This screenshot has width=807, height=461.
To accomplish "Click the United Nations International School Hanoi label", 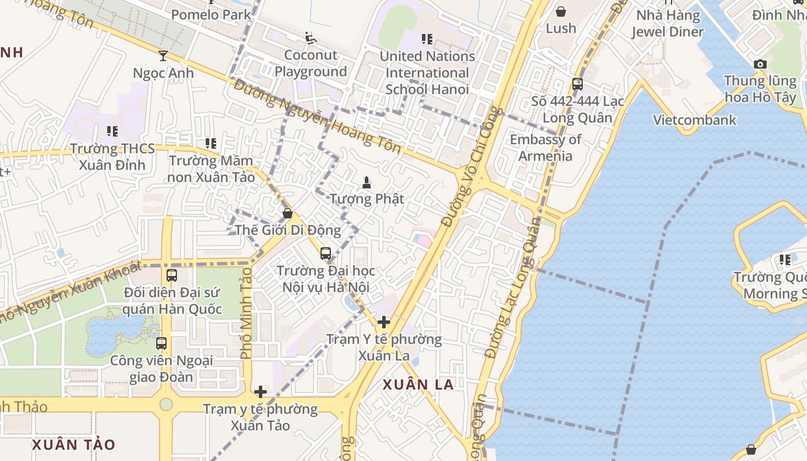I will point(427,73).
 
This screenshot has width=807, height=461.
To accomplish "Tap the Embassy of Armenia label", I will point(545,148).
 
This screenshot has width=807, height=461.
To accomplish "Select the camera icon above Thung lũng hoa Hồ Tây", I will point(760,64).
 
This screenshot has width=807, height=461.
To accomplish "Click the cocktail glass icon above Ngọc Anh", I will point(163,55).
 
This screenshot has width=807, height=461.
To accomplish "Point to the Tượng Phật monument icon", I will point(366,183).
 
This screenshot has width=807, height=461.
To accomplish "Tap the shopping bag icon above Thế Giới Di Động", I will point(288,213).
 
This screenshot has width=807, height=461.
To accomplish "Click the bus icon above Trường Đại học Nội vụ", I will point(326,253).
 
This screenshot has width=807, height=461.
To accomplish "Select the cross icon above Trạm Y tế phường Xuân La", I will point(384,322).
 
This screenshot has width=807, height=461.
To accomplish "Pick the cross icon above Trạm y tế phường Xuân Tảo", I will point(261,392).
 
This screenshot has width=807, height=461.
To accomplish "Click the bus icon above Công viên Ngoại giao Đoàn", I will point(161,343).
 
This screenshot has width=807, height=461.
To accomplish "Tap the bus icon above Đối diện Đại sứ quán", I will point(172,275).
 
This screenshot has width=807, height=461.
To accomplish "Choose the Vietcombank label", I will point(695,120).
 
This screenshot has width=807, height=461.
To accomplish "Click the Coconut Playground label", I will point(311,63).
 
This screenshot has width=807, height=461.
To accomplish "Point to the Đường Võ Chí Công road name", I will point(472,167).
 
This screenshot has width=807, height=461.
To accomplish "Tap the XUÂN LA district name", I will point(418,385).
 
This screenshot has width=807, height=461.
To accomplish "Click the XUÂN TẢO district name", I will point(73,445).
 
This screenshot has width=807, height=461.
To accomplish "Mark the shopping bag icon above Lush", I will point(560,12).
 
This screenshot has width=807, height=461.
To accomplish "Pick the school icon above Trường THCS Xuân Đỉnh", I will point(112,131).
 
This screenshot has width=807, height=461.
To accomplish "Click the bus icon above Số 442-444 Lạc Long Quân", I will point(578,84).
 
